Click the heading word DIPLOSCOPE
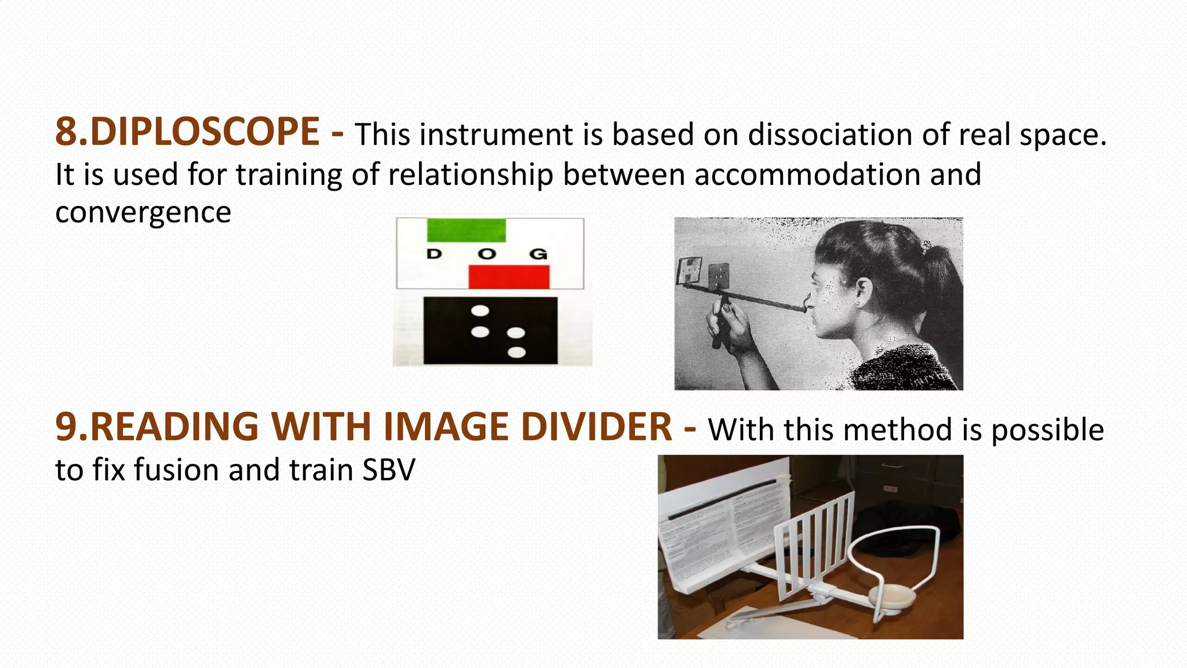click(x=205, y=132)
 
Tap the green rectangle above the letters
click(x=466, y=230)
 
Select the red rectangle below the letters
click(x=509, y=276)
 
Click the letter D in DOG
click(x=434, y=253)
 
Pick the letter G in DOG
click(x=538, y=253)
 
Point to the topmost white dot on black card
click(x=480, y=311)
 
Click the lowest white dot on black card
click(x=516, y=352)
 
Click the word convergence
click(x=143, y=212)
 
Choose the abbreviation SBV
click(x=388, y=470)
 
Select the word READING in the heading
click(x=174, y=427)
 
